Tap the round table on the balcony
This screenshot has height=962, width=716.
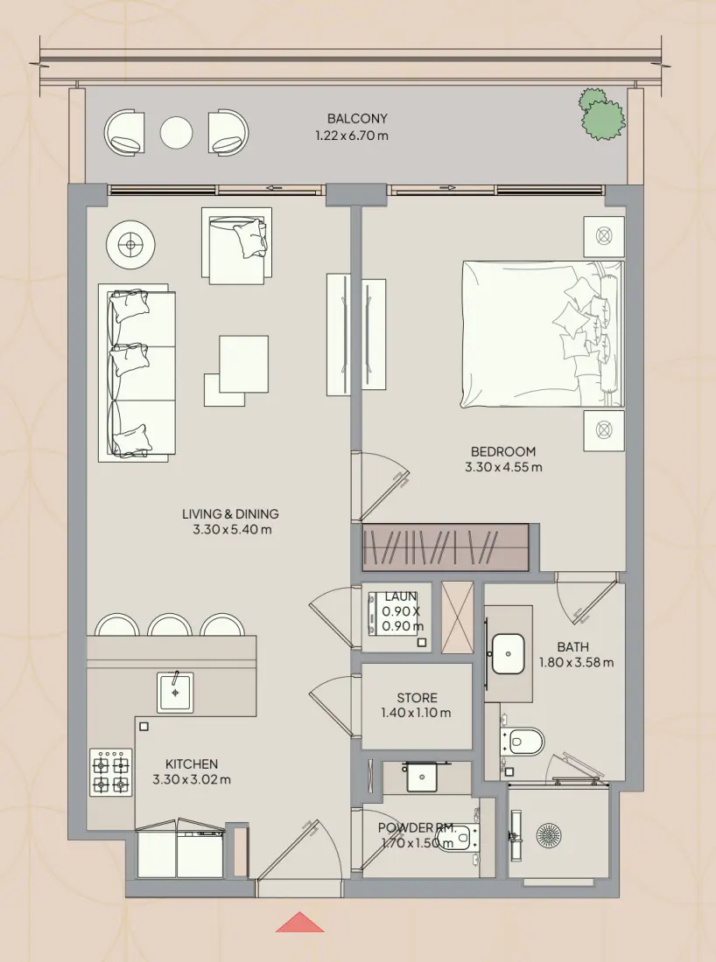[176, 133]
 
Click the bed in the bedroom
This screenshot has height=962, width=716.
[543, 334]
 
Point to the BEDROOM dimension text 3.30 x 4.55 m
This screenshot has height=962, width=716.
[503, 468]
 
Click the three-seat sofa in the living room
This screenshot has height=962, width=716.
[137, 373]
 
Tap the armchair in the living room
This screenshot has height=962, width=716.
[237, 246]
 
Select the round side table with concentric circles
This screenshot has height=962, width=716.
[130, 246]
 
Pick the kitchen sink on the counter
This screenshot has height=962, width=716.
[175, 692]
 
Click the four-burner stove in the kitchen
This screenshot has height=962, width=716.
[110, 772]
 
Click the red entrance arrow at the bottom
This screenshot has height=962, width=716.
[299, 922]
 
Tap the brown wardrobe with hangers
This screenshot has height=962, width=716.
[446, 547]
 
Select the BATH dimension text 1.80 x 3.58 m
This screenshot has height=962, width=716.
[576, 663]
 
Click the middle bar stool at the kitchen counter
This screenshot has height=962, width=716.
[170, 625]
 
